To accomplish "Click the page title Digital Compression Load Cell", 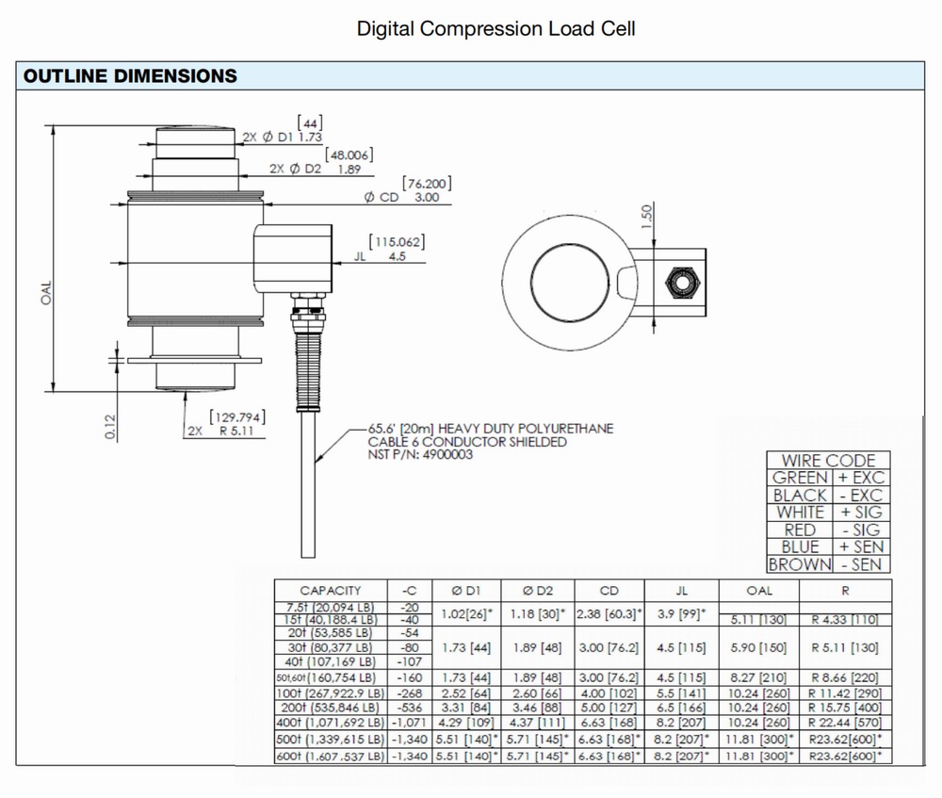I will coord(495,28).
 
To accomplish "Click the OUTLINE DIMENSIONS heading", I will coord(130,75).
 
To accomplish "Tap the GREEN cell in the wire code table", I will coord(800,478).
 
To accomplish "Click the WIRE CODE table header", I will coord(828,461).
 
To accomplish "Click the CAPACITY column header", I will coord(330,591).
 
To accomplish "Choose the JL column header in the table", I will coord(682,591).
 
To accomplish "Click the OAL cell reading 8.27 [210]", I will coord(758,676).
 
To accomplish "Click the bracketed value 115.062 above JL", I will coord(397,242).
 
